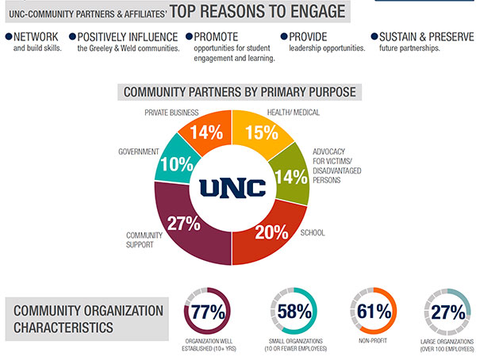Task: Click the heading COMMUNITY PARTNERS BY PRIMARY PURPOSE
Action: point(240,91)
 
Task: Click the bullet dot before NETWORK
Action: point(8,37)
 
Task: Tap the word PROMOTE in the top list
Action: point(217,36)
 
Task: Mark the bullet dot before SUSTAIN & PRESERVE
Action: point(374,37)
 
